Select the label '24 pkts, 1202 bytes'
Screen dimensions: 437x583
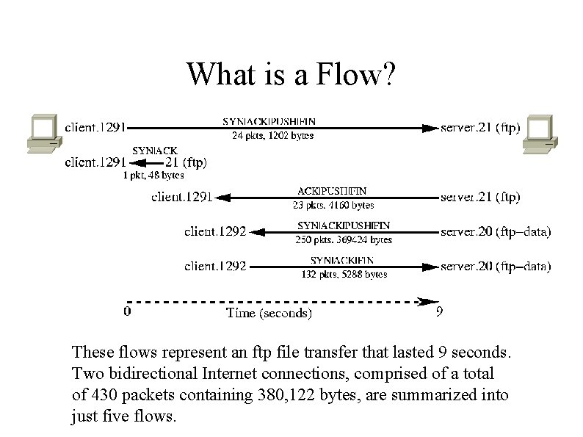[273, 135]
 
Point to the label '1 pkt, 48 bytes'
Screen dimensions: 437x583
[153, 175]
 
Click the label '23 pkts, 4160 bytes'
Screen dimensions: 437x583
[334, 206]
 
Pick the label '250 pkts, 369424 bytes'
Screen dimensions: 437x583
[344, 239]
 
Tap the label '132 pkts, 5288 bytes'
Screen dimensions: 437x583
[344, 274]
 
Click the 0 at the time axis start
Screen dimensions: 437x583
[128, 311]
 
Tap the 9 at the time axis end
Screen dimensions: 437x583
[439, 311]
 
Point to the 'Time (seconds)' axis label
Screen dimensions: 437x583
[269, 314]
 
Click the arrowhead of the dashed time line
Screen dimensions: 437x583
[424, 300]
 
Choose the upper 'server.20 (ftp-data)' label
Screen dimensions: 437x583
[496, 232]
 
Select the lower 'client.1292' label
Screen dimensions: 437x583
[215, 267]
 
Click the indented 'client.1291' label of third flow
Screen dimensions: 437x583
[182, 197]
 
